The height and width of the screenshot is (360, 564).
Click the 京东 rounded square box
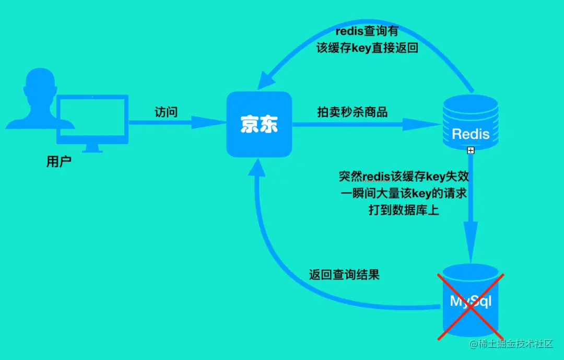click(259, 124)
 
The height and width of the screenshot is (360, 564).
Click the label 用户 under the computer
click(58, 161)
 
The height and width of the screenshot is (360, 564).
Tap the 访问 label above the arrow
click(166, 112)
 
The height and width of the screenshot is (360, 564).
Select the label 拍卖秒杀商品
click(352, 112)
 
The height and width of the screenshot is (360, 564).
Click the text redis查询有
click(368, 32)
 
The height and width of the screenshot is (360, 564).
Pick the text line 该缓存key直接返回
click(368, 48)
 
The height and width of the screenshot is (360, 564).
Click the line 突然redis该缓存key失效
click(407, 177)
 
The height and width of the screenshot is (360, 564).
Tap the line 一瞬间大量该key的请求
click(404, 193)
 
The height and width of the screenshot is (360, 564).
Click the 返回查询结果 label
click(344, 275)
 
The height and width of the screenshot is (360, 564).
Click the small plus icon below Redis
click(471, 150)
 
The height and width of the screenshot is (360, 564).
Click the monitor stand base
click(92, 149)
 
